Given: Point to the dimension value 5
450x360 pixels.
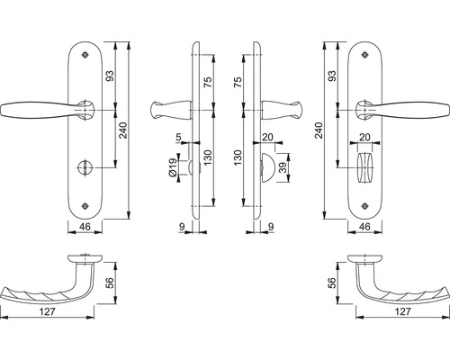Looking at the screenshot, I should click(x=180, y=137).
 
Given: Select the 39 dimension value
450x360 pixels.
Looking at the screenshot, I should click(x=284, y=168).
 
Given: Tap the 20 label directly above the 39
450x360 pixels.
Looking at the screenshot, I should click(x=267, y=137).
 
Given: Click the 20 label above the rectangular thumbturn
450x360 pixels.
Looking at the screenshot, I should click(x=364, y=137).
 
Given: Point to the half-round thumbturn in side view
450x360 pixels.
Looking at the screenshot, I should click(x=264, y=168).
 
